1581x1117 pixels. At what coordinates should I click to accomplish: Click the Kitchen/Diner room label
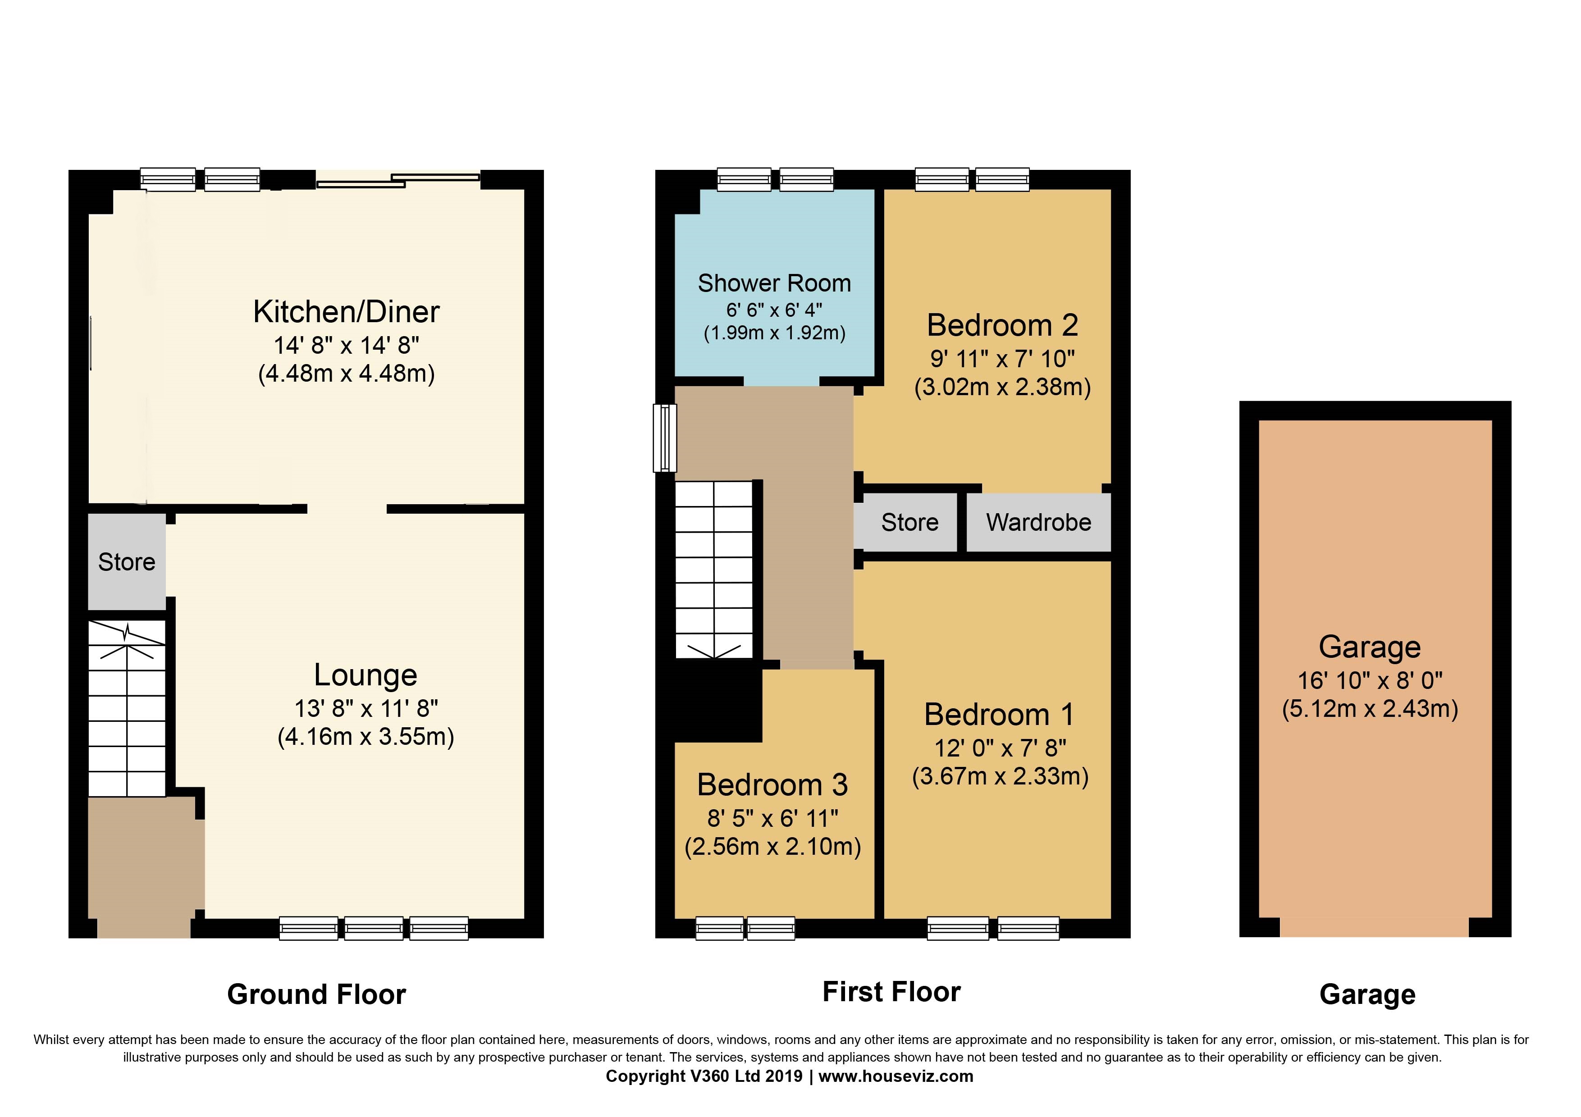[x=347, y=312]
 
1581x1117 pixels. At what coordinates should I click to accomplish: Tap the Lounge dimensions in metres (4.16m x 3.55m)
[x=366, y=737]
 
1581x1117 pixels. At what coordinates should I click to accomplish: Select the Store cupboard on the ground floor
[x=127, y=561]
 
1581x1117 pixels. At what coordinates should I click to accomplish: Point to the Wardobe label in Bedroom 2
[x=1038, y=522]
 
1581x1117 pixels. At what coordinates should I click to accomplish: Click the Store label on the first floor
[x=909, y=522]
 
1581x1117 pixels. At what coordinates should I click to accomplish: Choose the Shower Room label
[x=774, y=283]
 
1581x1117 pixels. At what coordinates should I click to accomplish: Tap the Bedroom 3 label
[x=772, y=784]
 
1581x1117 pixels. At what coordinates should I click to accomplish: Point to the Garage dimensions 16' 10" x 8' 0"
[x=1370, y=681]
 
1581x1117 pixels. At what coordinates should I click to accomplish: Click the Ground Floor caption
[x=317, y=994]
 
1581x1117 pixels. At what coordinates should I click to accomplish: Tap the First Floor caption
[x=892, y=992]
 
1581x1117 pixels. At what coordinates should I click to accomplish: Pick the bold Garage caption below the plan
[x=1367, y=995]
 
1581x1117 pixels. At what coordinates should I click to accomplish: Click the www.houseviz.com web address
[x=896, y=1076]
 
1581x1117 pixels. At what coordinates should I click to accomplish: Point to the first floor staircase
[x=714, y=569]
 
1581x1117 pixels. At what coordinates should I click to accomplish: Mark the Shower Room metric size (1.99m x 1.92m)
[x=774, y=333]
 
